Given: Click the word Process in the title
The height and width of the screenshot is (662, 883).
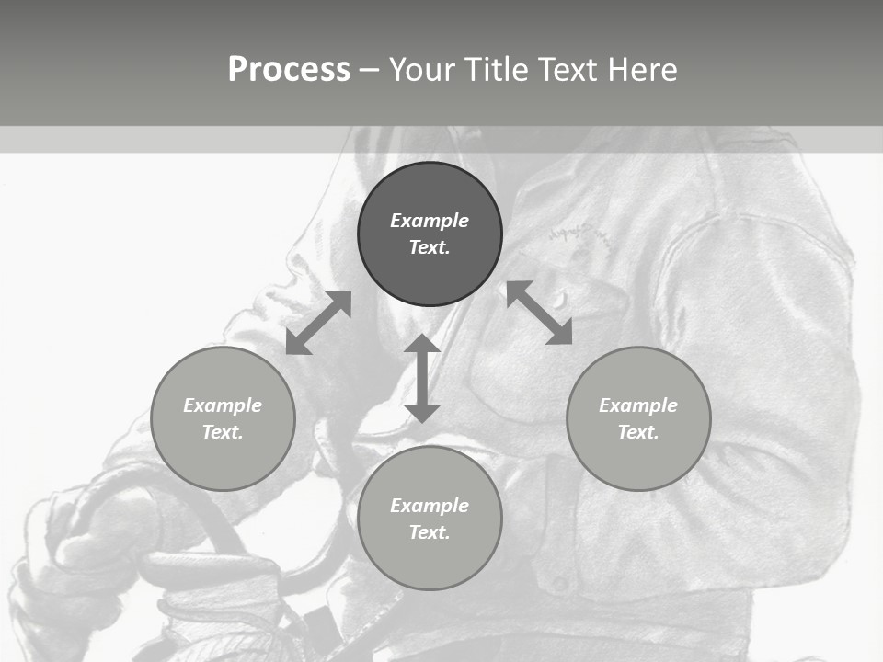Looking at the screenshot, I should [289, 70].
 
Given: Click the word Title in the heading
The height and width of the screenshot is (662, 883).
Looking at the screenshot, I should [496, 70].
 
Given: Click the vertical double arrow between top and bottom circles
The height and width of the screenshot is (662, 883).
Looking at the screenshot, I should [422, 378].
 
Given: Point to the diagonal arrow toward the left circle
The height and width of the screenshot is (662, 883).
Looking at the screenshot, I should [318, 323].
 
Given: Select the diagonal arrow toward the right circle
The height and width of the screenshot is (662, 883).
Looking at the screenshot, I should [540, 313].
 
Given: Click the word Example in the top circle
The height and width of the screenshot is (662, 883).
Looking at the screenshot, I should [430, 221].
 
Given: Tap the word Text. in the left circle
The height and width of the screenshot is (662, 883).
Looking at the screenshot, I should [223, 432].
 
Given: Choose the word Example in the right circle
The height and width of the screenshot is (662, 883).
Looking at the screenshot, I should [638, 405].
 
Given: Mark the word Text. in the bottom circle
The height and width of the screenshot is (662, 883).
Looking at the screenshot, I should [430, 532].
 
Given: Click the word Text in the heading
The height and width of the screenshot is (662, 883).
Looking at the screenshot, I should [566, 70].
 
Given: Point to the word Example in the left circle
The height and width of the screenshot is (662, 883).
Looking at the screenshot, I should [223, 405].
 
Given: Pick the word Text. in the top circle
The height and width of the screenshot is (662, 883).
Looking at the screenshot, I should [430, 247].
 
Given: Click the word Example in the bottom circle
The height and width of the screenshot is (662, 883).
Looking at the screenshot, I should [430, 506].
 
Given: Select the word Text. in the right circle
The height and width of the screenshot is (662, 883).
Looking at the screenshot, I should [638, 432].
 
